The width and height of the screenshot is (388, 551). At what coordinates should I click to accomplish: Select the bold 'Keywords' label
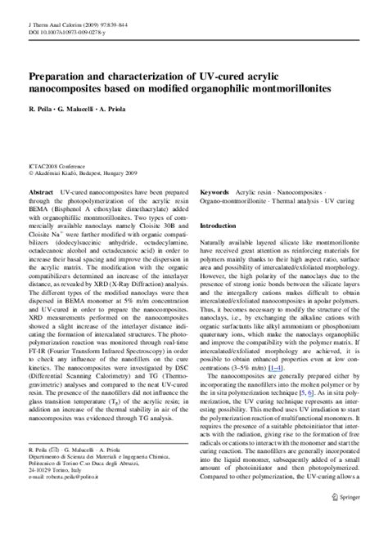[x=217, y=187]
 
